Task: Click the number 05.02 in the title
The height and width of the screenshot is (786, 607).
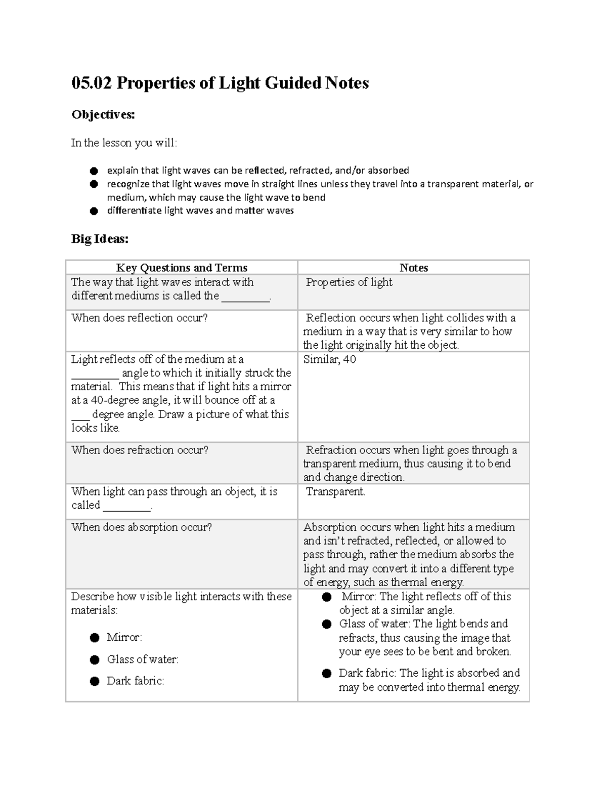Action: (92, 83)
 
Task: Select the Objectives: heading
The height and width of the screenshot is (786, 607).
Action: (103, 115)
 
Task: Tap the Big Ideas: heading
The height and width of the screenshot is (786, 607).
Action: (100, 239)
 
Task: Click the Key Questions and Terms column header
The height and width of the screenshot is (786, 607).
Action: (182, 268)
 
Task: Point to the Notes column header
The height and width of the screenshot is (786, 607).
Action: (413, 268)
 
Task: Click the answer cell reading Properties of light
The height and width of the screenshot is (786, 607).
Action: (349, 282)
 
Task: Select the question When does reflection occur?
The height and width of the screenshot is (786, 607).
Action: (140, 318)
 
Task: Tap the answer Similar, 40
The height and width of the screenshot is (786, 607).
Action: (330, 359)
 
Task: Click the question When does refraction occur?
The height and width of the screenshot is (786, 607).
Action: (140, 450)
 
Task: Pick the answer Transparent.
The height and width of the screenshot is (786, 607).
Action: (335, 491)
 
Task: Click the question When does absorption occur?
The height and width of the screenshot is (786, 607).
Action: (142, 527)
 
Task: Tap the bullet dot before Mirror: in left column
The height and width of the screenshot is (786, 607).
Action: (95, 638)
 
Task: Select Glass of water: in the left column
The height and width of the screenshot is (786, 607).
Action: (143, 659)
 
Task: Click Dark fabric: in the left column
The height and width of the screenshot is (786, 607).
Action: (136, 681)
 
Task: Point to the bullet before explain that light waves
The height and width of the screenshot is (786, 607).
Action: (94, 171)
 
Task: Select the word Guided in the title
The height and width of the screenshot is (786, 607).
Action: (297, 83)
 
